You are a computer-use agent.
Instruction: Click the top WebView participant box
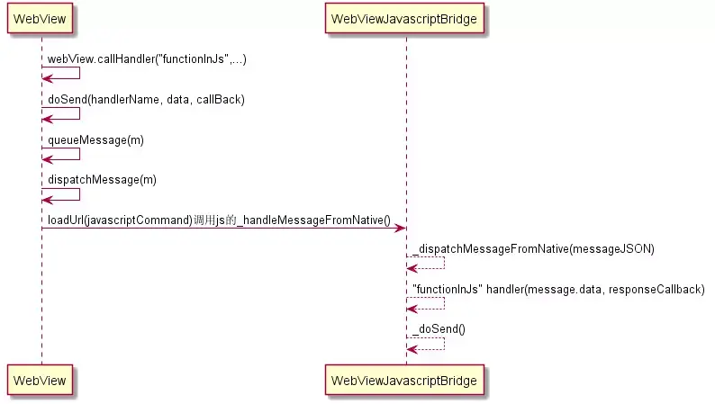[x=40, y=18]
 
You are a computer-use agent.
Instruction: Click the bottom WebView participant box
[x=40, y=380]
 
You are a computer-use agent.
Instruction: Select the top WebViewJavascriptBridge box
[x=404, y=18]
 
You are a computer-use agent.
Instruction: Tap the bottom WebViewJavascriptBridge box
[x=404, y=380]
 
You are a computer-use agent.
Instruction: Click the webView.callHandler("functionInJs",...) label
[x=147, y=58]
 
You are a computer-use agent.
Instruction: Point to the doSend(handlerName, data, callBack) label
[x=147, y=99]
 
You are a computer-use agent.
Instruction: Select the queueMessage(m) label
[x=95, y=139]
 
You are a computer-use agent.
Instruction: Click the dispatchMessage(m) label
[x=102, y=180]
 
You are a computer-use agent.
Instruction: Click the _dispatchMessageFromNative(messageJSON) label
[x=533, y=248]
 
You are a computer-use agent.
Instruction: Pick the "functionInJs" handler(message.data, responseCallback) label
[x=558, y=289]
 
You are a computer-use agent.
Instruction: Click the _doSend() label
[x=439, y=328]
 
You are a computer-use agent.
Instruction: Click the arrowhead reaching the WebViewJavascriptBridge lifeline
[x=401, y=228]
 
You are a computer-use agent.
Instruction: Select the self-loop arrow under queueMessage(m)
[x=80, y=154]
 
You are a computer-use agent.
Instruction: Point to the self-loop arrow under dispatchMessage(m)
[x=80, y=194]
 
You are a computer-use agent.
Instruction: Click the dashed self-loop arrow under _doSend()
[x=445, y=344]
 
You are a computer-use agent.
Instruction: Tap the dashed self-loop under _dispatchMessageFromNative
[x=445, y=263]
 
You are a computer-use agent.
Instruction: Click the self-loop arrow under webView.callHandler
[x=80, y=73]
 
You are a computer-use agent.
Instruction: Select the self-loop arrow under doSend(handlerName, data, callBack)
[x=80, y=113]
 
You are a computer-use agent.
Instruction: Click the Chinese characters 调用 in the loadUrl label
[x=204, y=220]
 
